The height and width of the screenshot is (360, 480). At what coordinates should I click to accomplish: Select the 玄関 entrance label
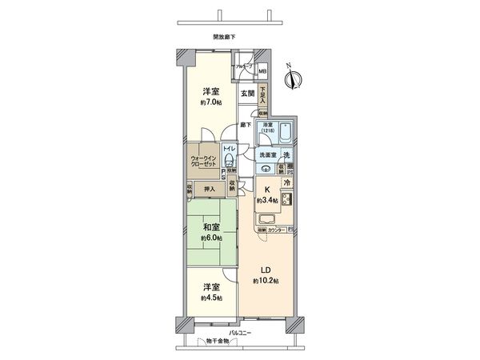point(248,94)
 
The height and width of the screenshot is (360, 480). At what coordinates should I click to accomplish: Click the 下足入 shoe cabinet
point(263,95)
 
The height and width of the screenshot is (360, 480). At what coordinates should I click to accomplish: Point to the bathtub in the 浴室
point(286,134)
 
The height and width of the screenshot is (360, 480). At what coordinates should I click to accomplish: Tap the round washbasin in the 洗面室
point(266,168)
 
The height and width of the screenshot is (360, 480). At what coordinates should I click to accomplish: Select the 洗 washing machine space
point(287,154)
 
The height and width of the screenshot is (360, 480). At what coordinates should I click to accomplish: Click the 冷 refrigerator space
point(286,182)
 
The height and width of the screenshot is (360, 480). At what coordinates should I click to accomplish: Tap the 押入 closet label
point(206,189)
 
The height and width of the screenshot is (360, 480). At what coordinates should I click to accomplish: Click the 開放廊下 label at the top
point(224,37)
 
